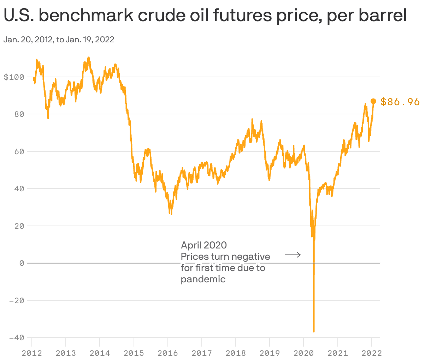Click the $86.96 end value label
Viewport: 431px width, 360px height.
pos(400,102)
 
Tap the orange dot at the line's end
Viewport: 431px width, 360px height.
pos(373,101)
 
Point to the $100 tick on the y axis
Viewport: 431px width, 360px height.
pos(14,77)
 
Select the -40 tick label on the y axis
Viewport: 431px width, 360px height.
pos(17,338)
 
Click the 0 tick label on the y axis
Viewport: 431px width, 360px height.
pos(22,263)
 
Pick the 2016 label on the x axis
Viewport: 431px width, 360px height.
pos(168,353)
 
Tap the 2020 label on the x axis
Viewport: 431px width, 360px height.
pos(303,353)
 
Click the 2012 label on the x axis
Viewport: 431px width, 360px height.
pos(32,353)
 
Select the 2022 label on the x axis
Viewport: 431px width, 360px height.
pos(371,353)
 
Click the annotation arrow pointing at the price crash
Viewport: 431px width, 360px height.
pos(293,254)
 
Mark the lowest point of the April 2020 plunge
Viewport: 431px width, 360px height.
pos(314,331)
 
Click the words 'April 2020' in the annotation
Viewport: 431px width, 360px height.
pos(204,245)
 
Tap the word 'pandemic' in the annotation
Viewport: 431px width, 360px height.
pos(203,279)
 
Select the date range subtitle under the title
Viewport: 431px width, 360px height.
pos(59,40)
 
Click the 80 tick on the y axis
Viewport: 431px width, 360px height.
pos(19,114)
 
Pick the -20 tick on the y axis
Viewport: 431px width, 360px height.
pos(17,301)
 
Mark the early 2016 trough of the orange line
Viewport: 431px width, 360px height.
pos(171,214)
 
